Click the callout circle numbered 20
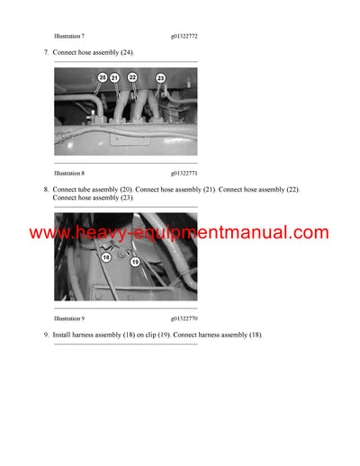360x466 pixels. tap(102, 78)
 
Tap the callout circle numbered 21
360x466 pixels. tap(114, 78)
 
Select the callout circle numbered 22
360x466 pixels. tap(132, 78)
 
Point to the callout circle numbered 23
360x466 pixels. tap(160, 79)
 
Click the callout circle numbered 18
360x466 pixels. tap(106, 256)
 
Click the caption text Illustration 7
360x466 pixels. tap(69, 37)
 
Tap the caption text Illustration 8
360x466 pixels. tap(69, 172)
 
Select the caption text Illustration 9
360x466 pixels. tap(69, 318)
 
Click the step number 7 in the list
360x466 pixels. tap(45, 53)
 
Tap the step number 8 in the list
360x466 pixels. tap(45, 190)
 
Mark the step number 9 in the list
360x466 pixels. tap(45, 335)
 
